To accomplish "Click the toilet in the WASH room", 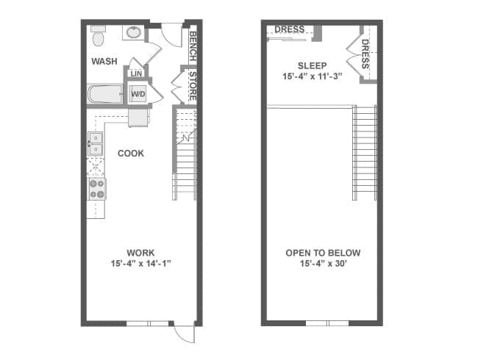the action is pyautogui.click(x=98, y=36).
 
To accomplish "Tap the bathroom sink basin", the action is pyautogui.click(x=134, y=32).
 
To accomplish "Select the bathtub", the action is pyautogui.click(x=105, y=94).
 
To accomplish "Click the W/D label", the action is pyautogui.click(x=138, y=94).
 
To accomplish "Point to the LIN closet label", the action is pyautogui.click(x=136, y=73).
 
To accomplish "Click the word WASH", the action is pyautogui.click(x=104, y=61).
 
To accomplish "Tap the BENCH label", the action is pyautogui.click(x=193, y=46).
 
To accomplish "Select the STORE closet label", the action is pyautogui.click(x=193, y=86).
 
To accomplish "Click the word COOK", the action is pyautogui.click(x=131, y=154).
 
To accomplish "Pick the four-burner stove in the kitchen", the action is pyautogui.click(x=97, y=189).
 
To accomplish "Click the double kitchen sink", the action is pyautogui.click(x=96, y=144).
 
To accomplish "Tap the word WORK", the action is pyautogui.click(x=140, y=253).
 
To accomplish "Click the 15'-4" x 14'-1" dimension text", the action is pyautogui.click(x=140, y=264).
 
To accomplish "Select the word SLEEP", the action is pyautogui.click(x=312, y=66).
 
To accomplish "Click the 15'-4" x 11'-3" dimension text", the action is pyautogui.click(x=312, y=76).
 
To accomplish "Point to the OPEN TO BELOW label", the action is pyautogui.click(x=323, y=253).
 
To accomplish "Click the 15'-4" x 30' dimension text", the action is pyautogui.click(x=323, y=264).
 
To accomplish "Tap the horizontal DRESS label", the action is pyautogui.click(x=290, y=29).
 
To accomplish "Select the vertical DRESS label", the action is pyautogui.click(x=365, y=54).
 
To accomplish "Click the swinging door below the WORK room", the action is pyautogui.click(x=185, y=334).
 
